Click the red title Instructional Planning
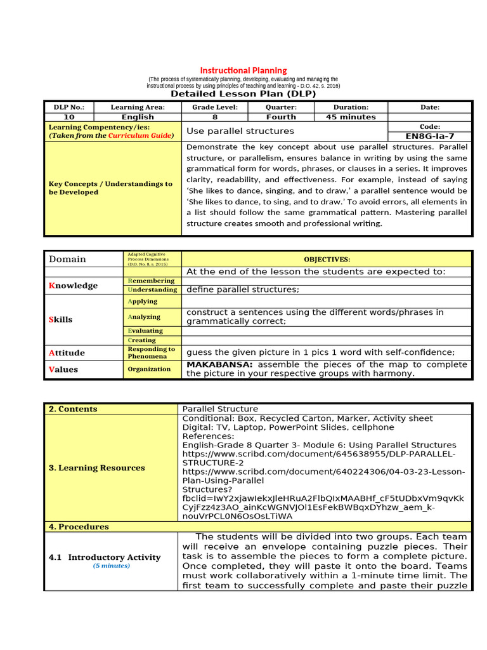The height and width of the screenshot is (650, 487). (243, 70)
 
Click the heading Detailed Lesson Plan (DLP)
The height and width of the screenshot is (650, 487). (243, 94)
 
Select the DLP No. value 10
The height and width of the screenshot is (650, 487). (69, 117)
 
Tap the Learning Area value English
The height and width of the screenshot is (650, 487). (138, 117)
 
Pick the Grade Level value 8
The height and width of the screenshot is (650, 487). (215, 117)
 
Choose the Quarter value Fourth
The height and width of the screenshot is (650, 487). (281, 117)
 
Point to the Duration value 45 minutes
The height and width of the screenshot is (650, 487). (351, 117)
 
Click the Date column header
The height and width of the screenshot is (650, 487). (430, 107)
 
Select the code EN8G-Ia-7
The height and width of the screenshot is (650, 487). (430, 136)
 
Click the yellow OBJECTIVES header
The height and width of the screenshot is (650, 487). (327, 259)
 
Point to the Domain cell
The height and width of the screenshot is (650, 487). (67, 259)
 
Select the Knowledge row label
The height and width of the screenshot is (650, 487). (73, 286)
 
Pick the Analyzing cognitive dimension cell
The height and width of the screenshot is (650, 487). (144, 317)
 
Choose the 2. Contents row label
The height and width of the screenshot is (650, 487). (73, 409)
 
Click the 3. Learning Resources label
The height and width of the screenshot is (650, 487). (96, 468)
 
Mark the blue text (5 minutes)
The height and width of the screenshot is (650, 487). (112, 566)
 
